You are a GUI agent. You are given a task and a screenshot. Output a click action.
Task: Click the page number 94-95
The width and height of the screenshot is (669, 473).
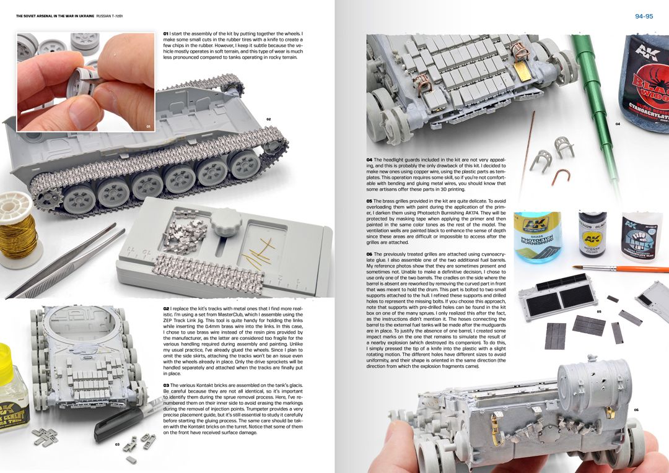point(644,17)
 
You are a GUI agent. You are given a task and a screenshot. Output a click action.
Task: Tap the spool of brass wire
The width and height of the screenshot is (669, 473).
point(17,230)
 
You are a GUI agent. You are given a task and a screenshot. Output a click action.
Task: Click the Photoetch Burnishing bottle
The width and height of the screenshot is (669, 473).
point(538,236)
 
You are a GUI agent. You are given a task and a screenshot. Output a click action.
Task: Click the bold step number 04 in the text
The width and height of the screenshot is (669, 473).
point(369,160)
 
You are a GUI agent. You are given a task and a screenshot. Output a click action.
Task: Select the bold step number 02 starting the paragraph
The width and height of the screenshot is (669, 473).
point(166,308)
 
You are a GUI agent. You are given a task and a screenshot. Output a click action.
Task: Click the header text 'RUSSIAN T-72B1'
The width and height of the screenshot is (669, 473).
point(110,16)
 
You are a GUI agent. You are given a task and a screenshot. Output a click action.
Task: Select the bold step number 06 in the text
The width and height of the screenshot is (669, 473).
point(369,254)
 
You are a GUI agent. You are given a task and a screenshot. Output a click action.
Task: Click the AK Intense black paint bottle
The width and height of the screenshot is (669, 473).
point(593,234)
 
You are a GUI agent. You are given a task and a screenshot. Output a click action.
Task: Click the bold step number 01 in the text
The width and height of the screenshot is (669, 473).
point(165,33)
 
